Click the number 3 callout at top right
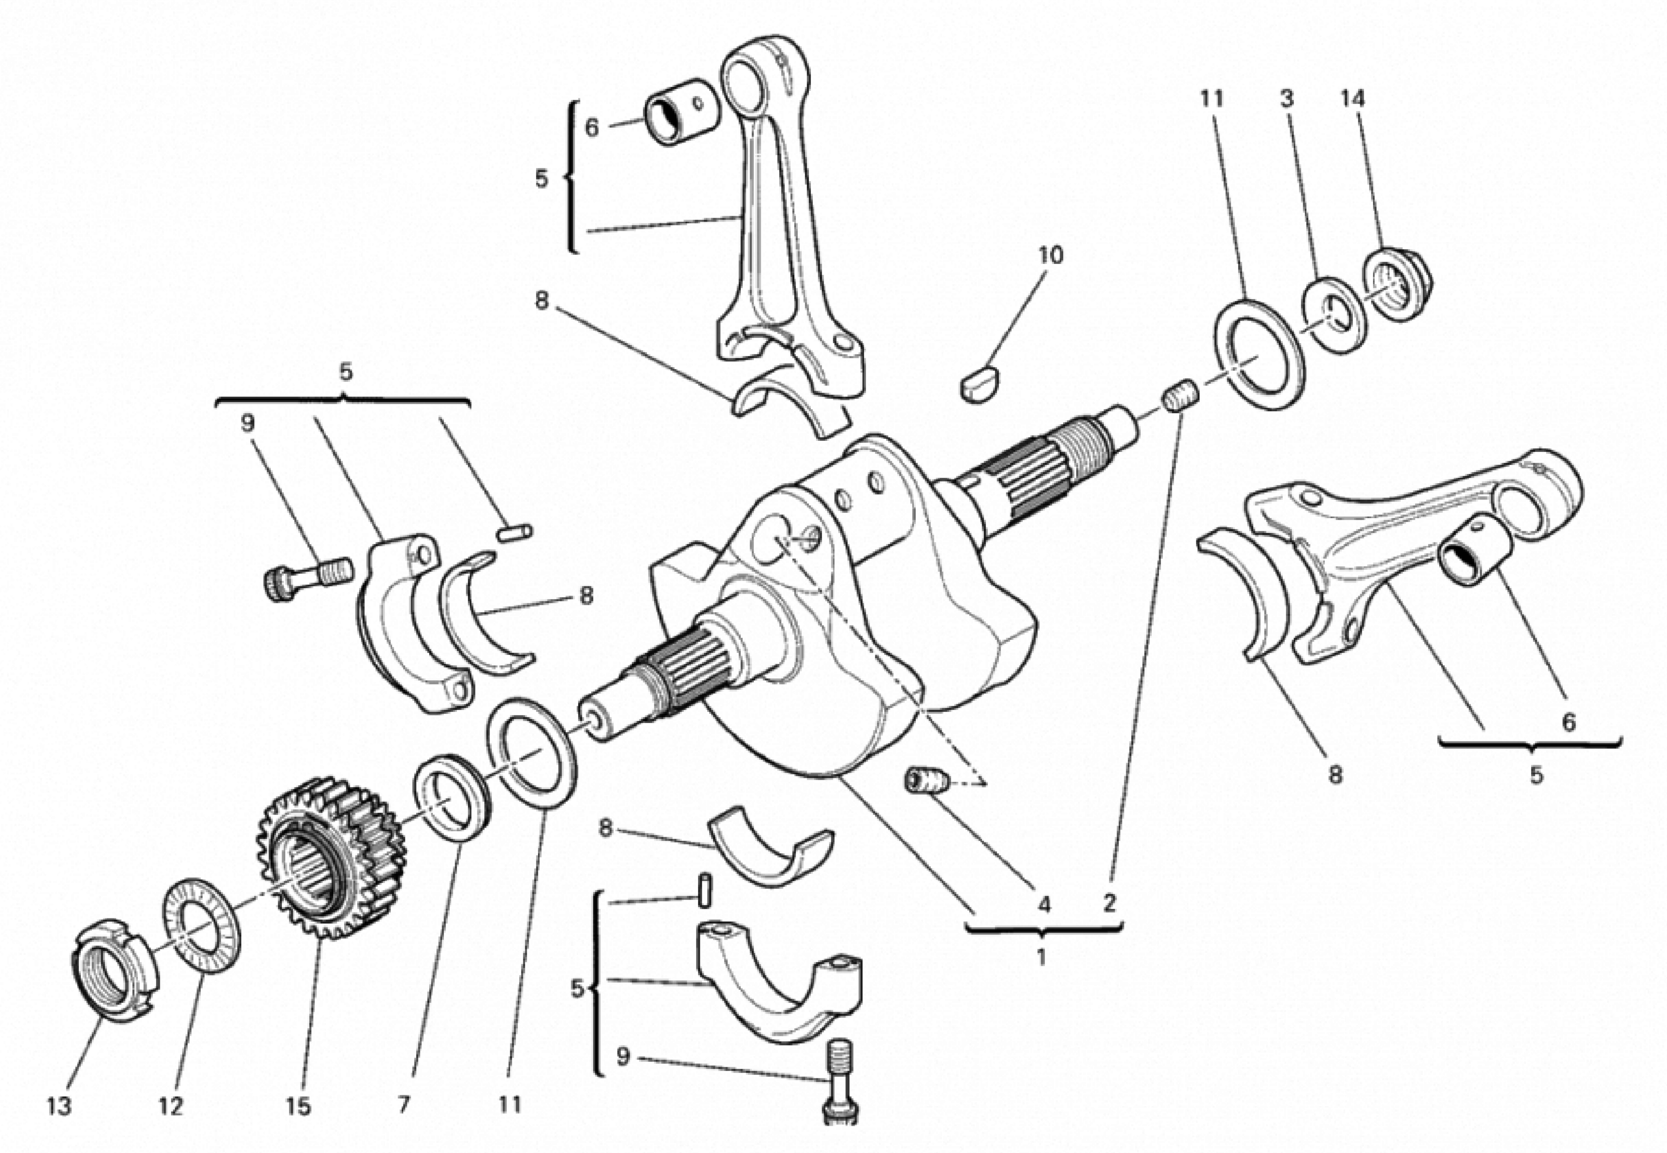(1287, 99)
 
